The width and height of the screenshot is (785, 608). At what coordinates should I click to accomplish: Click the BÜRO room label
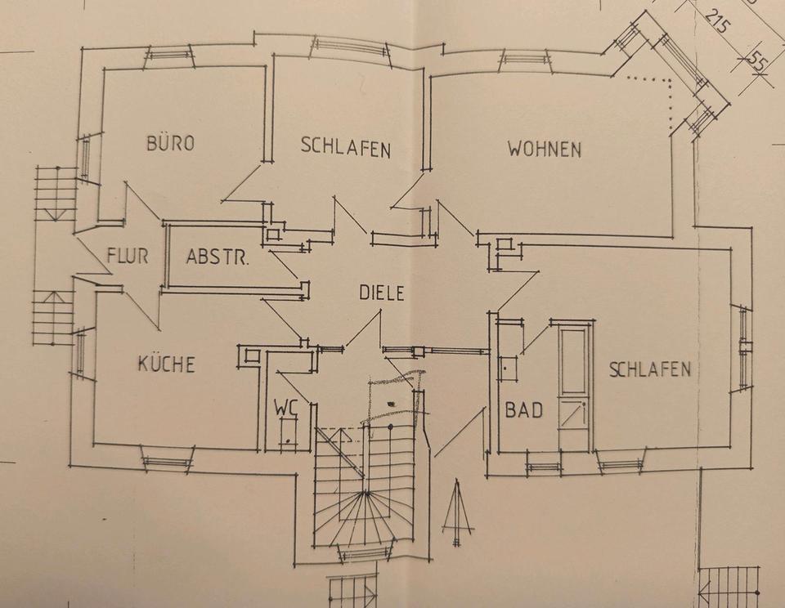pyautogui.click(x=170, y=144)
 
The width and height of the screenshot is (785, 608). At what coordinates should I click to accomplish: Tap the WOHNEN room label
pyautogui.click(x=544, y=150)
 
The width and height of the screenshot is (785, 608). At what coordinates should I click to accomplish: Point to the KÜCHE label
pyautogui.click(x=166, y=364)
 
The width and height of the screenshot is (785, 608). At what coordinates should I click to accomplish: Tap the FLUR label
pyautogui.click(x=128, y=256)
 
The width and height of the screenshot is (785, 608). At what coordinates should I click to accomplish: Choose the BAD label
pyautogui.click(x=523, y=410)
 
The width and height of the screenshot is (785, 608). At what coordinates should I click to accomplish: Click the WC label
pyautogui.click(x=285, y=406)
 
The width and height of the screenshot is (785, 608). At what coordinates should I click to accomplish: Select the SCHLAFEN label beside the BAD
pyautogui.click(x=650, y=369)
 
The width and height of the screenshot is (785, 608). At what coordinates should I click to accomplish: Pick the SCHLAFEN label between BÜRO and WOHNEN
pyautogui.click(x=345, y=148)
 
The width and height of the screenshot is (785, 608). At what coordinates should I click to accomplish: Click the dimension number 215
pyautogui.click(x=716, y=20)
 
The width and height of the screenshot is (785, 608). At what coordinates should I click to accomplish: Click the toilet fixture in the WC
pyautogui.click(x=288, y=431)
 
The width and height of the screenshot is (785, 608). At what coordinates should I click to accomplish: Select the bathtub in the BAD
pyautogui.click(x=573, y=384)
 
